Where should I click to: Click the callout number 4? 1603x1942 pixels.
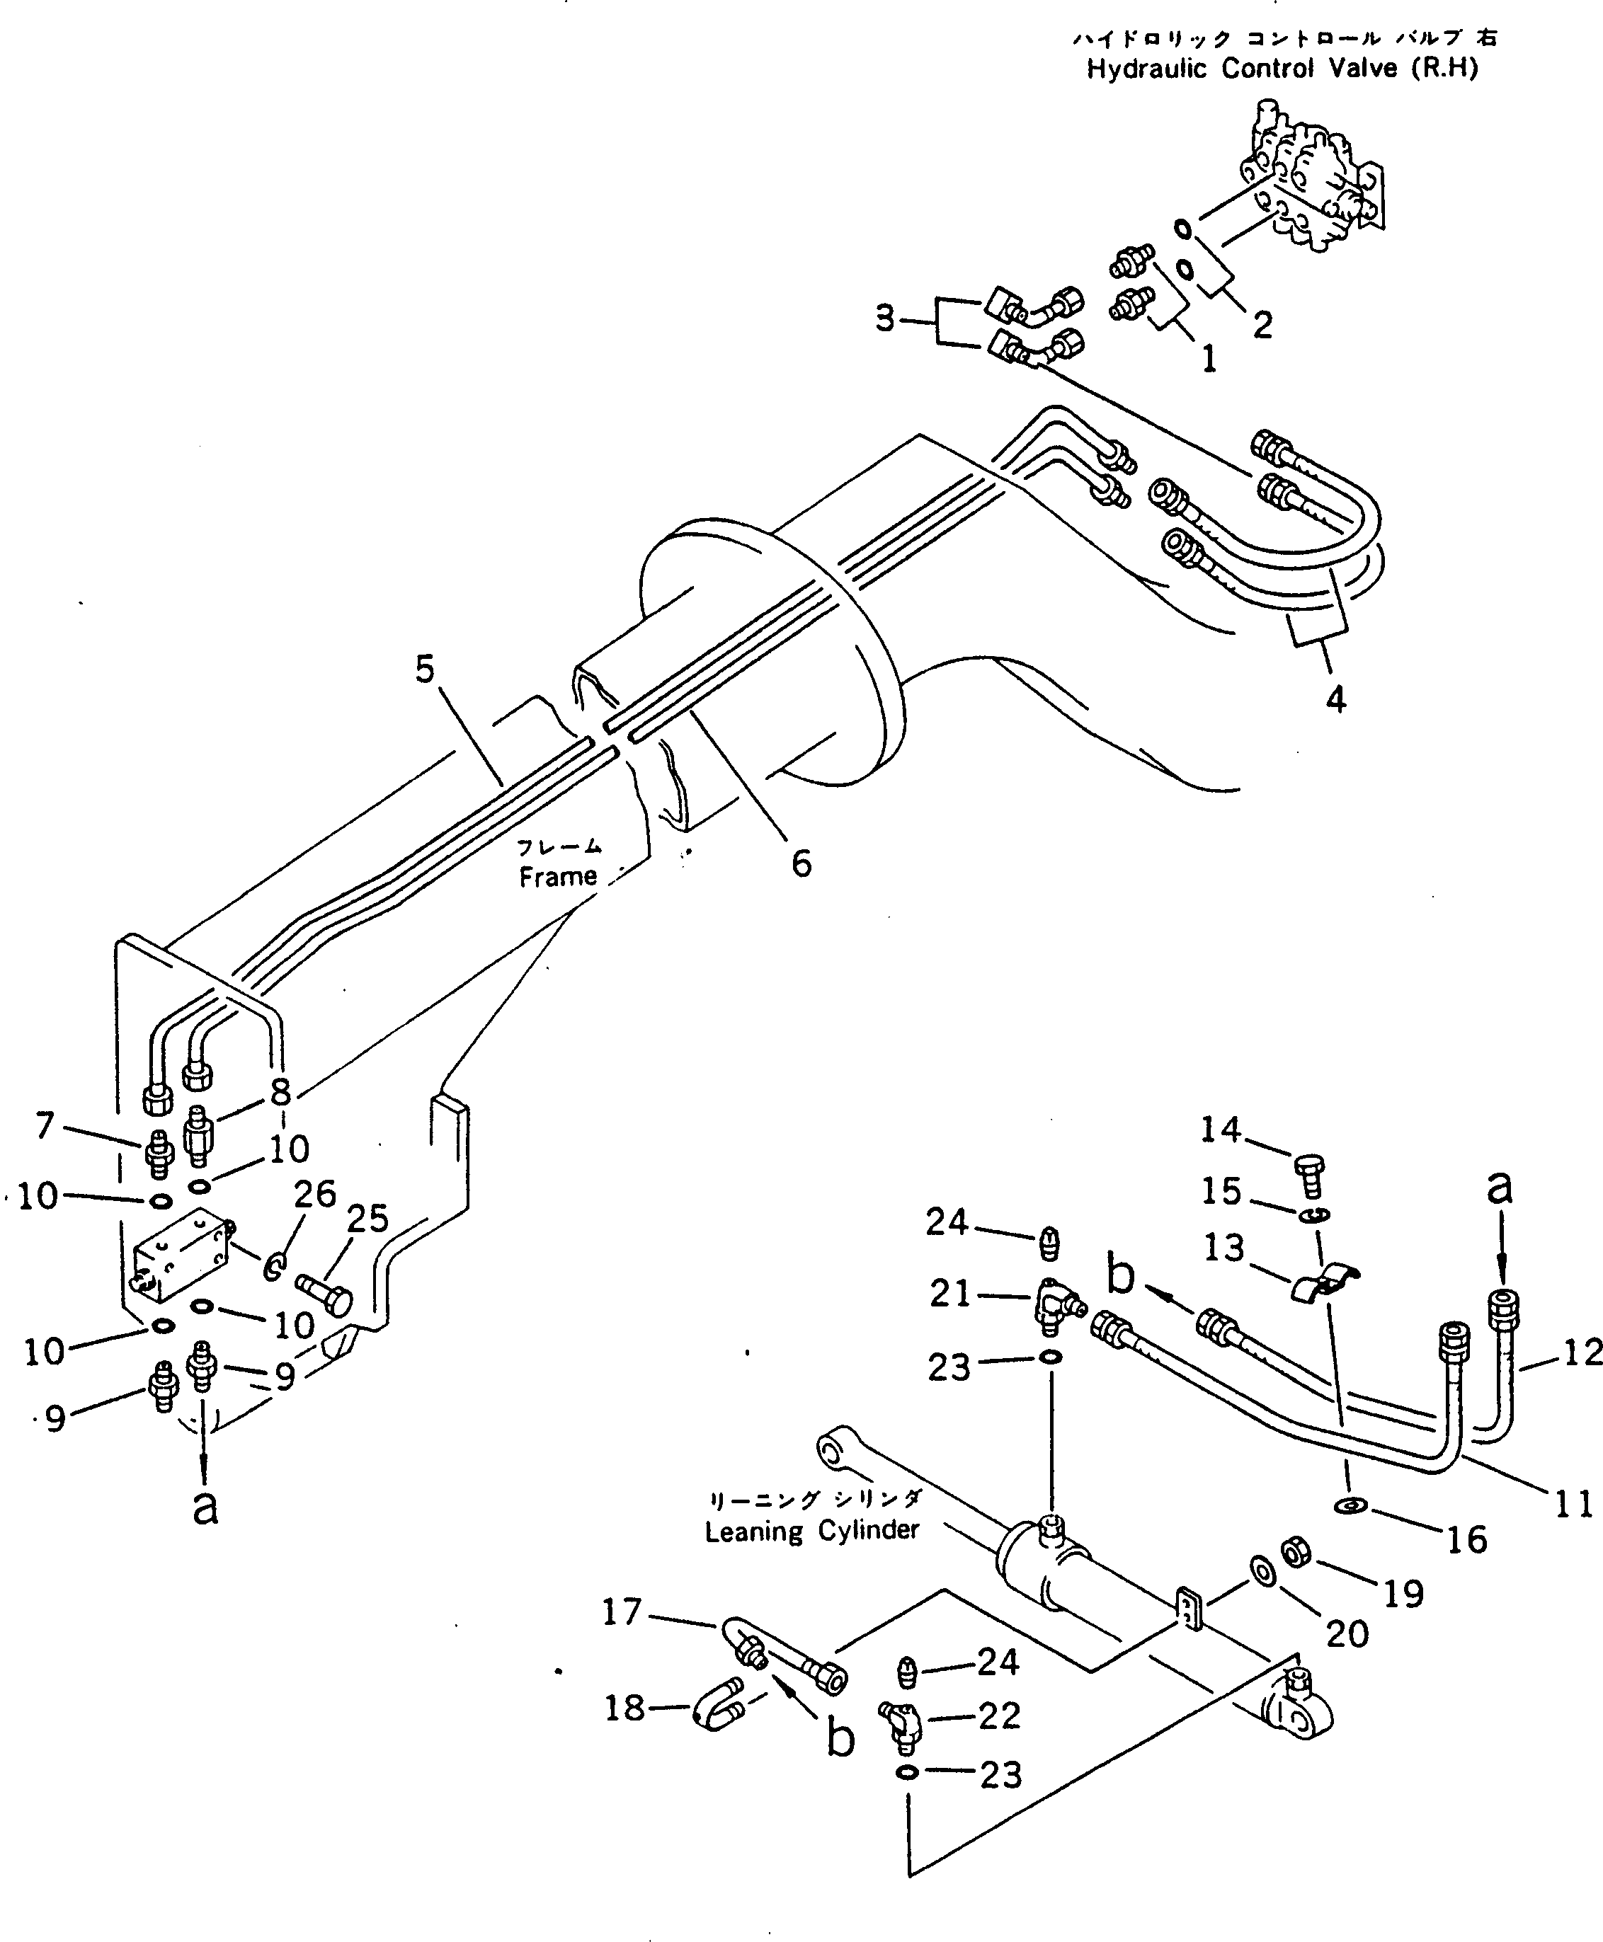coord(1335,701)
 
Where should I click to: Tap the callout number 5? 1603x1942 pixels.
coord(424,670)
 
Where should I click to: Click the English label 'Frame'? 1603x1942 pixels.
coord(558,877)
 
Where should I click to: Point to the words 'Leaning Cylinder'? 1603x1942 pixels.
coord(811,1530)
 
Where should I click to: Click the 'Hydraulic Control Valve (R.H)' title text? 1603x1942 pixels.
coord(1282,69)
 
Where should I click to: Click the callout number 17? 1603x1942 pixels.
coord(622,1611)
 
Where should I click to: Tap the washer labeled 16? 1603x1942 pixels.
coord(1352,1506)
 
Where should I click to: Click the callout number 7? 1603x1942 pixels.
coord(45,1125)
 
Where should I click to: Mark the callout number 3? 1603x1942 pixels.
coord(884,319)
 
